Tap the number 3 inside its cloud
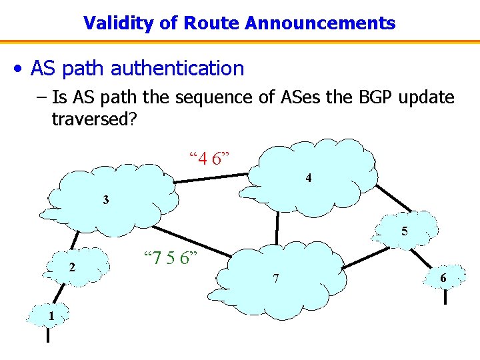(106, 199)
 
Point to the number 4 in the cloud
(309, 178)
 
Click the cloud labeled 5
(404, 231)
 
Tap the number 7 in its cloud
(275, 277)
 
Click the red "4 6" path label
(210, 159)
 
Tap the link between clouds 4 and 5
(393, 199)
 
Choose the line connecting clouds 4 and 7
(277, 227)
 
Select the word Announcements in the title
(320, 23)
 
